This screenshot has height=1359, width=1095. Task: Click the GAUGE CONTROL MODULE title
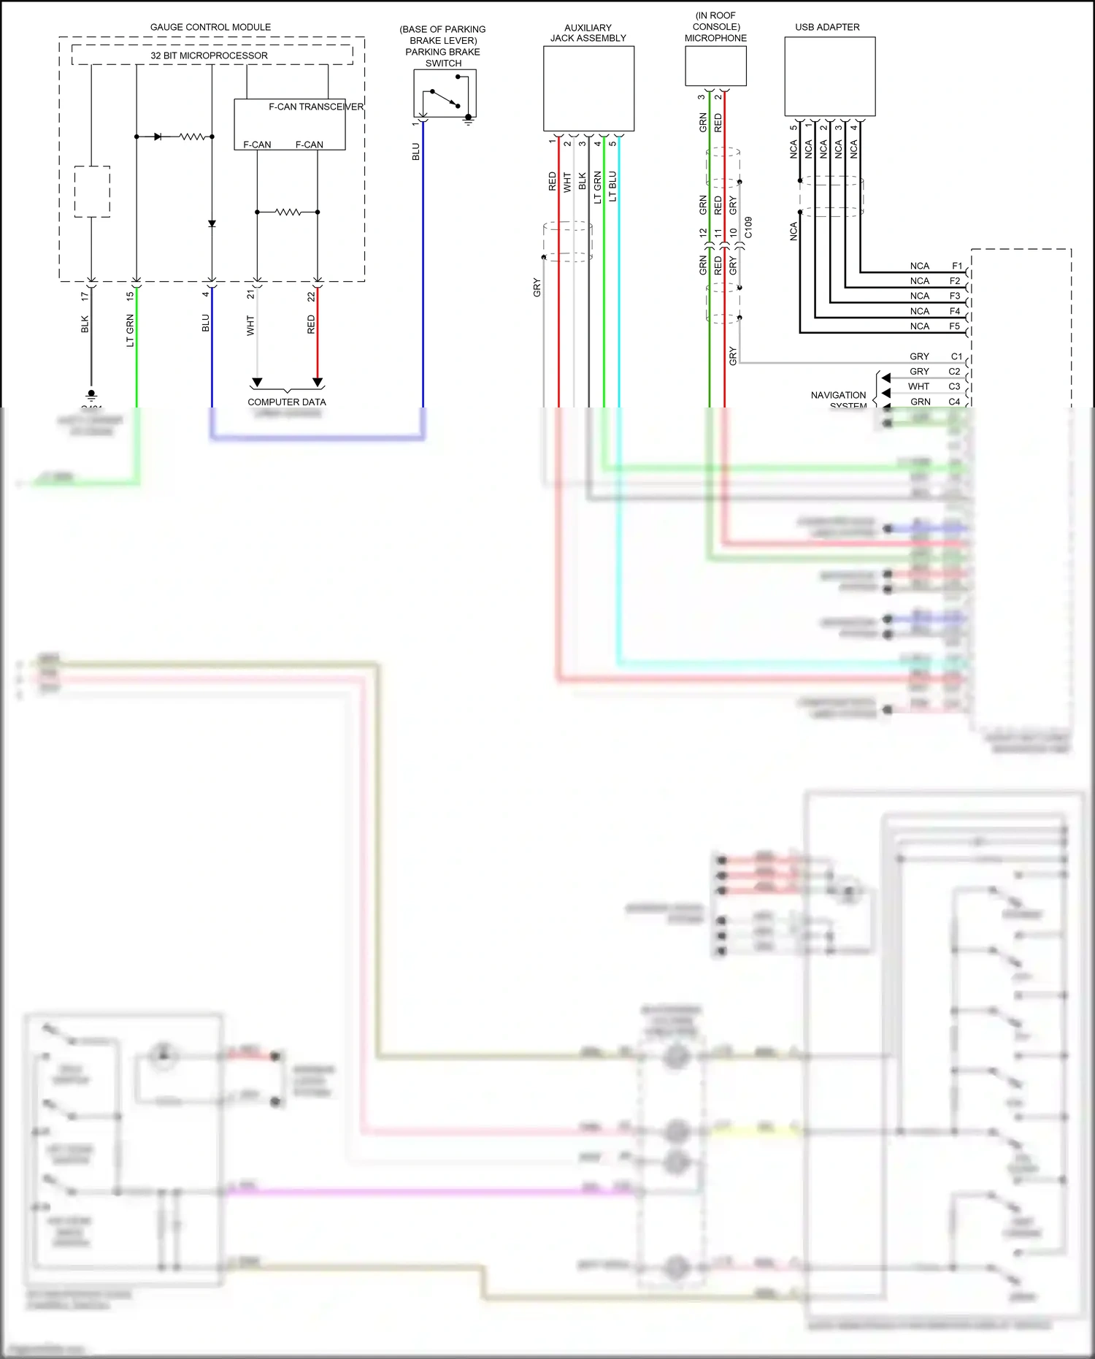coord(210,27)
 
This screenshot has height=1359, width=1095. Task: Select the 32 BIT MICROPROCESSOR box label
coord(209,55)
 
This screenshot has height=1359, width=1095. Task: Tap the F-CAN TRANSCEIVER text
coord(315,107)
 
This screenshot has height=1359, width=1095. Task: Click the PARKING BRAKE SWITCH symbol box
coord(445,93)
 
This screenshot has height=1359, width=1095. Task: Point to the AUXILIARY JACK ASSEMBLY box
coord(588,88)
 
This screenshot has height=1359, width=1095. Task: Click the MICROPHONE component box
coord(715,66)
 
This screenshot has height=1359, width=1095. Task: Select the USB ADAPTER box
coord(829,77)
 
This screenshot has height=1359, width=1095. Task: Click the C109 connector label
coord(748,228)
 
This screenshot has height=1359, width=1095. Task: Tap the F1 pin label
coord(957,266)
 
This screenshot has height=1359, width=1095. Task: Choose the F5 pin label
coord(955,326)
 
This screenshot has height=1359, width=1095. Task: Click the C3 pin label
coord(954,386)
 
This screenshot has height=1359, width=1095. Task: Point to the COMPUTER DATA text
coord(286,402)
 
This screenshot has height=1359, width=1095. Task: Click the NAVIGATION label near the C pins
coord(838,395)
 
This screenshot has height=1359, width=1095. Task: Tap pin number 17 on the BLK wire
coord(85,296)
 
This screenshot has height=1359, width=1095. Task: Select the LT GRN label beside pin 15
coord(131,330)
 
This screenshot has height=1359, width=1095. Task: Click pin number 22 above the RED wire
coord(312,296)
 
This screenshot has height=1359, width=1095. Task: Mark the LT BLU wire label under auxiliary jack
coord(612,186)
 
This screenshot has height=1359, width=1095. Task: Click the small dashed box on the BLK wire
coord(92,191)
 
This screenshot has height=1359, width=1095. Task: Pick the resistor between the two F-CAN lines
coord(288,212)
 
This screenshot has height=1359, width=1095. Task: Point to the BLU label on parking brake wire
coord(416,152)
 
